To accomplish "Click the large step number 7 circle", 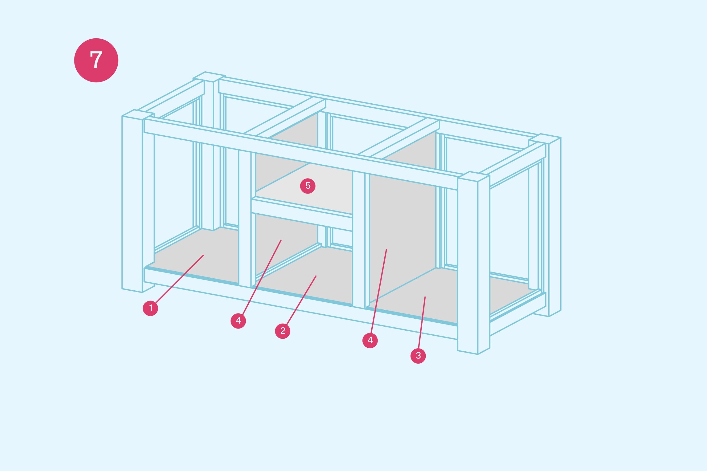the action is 96,60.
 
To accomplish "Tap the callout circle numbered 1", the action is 150,308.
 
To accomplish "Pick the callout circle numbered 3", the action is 418,356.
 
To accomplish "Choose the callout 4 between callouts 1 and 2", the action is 238,321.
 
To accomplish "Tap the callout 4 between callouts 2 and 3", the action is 370,340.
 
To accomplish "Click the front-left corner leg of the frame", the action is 138,201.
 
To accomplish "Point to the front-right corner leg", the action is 473,263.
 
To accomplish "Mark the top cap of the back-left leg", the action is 209,77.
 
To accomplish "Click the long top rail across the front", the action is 301,154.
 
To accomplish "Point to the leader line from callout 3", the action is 422,323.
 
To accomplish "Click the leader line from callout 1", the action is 179,279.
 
